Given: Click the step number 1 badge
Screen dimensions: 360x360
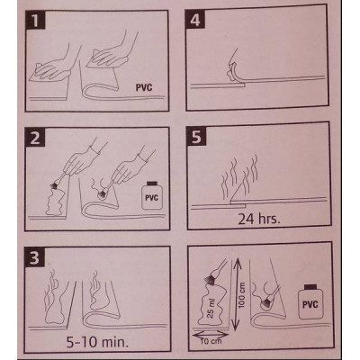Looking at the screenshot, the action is point(35,21).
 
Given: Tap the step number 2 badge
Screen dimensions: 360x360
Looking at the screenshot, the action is point(35,138).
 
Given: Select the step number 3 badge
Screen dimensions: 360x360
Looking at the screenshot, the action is point(35,256).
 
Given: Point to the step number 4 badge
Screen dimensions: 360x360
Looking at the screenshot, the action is point(195,20).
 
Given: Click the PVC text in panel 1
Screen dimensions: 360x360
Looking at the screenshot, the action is point(144,87).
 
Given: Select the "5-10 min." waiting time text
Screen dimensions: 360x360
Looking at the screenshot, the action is point(97,342).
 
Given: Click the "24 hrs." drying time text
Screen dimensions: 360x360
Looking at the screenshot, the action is point(259,219).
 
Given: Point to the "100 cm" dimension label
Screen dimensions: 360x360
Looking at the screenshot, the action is point(242,295).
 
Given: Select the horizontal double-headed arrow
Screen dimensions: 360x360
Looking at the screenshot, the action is point(210,334).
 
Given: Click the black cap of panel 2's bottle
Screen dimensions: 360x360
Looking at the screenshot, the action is point(153,183).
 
